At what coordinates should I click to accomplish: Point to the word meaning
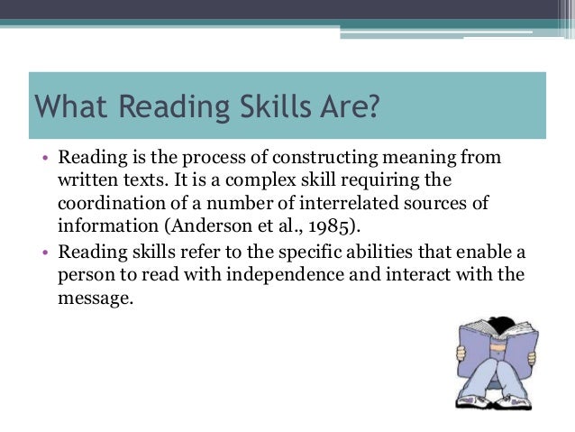pos(422,159)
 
